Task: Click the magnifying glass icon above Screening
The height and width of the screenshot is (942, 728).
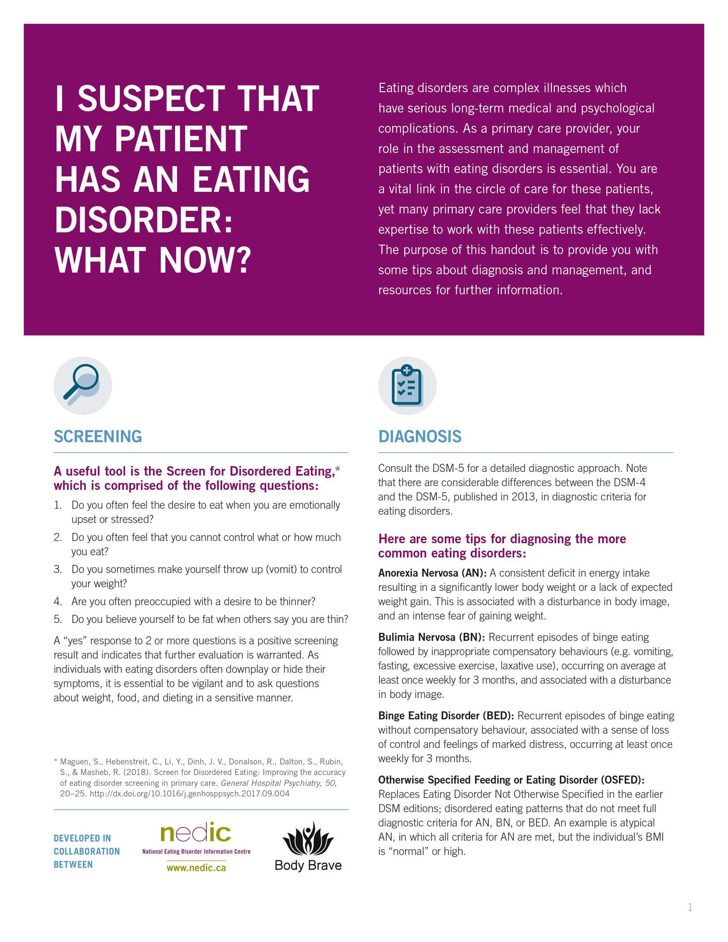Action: click(x=82, y=385)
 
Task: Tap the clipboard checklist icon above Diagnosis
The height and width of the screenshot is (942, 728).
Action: click(x=407, y=385)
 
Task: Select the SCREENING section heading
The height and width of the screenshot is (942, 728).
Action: click(x=98, y=436)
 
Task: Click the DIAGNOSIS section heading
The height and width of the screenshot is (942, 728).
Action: click(x=420, y=436)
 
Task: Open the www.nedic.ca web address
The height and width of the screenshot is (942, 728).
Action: click(x=196, y=868)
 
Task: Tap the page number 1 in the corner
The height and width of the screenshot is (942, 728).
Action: click(x=690, y=908)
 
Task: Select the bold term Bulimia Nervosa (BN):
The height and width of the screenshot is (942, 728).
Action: click(x=431, y=637)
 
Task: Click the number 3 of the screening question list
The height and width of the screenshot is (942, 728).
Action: click(x=58, y=569)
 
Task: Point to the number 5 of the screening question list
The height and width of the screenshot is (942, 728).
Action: click(x=58, y=619)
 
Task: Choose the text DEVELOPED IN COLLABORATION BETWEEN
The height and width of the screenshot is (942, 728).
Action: click(x=86, y=851)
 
